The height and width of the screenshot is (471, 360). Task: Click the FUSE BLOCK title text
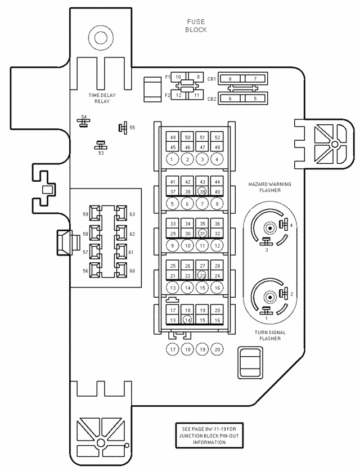(196, 26)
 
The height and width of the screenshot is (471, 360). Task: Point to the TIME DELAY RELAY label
(102, 98)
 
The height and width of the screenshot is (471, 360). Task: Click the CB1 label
(212, 79)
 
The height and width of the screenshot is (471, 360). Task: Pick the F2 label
(168, 96)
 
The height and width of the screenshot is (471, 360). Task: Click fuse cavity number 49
(173, 138)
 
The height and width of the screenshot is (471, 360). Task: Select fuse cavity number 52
(217, 138)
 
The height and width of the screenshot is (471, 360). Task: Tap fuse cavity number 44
(217, 182)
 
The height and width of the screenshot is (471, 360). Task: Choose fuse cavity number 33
(173, 224)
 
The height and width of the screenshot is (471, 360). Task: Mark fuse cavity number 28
(217, 266)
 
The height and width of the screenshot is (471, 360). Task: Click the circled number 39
(202, 192)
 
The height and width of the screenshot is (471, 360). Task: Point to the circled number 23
(202, 276)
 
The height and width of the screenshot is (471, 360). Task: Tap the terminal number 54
(84, 117)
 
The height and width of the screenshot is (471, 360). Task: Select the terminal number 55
(132, 128)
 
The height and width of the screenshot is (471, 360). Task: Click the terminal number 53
(101, 152)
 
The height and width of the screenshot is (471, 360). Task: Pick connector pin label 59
(85, 214)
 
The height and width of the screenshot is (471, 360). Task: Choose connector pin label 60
(132, 271)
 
